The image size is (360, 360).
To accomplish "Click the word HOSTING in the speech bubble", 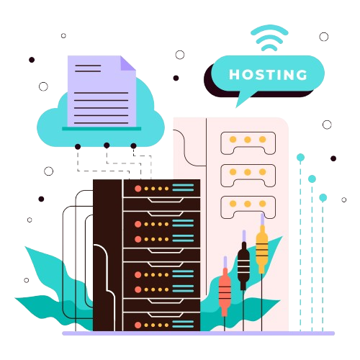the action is click(x=268, y=74).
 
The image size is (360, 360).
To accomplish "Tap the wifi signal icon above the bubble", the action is click(x=269, y=38).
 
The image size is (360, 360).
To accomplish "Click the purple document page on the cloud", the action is click(x=102, y=91).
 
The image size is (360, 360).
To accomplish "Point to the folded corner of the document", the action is click(x=128, y=63).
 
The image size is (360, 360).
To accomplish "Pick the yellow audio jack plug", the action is click(x=262, y=247).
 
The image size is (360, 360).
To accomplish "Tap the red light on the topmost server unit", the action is click(x=138, y=189).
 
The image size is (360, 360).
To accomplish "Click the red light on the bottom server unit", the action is click(x=138, y=325).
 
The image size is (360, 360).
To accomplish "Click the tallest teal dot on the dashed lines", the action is click(x=300, y=158).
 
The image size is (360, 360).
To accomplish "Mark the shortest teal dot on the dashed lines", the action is click(x=323, y=198).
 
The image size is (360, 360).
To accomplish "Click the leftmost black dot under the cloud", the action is click(x=78, y=147).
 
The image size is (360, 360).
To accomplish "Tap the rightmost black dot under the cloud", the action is click(x=133, y=145).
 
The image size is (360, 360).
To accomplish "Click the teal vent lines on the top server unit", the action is click(x=183, y=187).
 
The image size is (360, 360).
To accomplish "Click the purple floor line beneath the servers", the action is click(x=199, y=333).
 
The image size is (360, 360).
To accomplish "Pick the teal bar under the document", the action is click(x=102, y=129).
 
